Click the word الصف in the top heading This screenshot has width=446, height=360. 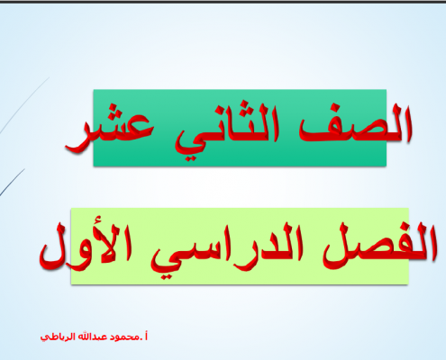click(x=355, y=123)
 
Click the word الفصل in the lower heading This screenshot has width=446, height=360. click(x=379, y=246)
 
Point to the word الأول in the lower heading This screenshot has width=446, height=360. click(x=86, y=246)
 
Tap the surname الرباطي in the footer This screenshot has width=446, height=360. click(x=58, y=337)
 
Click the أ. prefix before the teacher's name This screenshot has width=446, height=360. click(x=144, y=337)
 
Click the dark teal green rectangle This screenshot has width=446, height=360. click(x=240, y=128)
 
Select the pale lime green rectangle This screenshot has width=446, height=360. click(x=240, y=246)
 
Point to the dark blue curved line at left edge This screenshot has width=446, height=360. click(x=12, y=183)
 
